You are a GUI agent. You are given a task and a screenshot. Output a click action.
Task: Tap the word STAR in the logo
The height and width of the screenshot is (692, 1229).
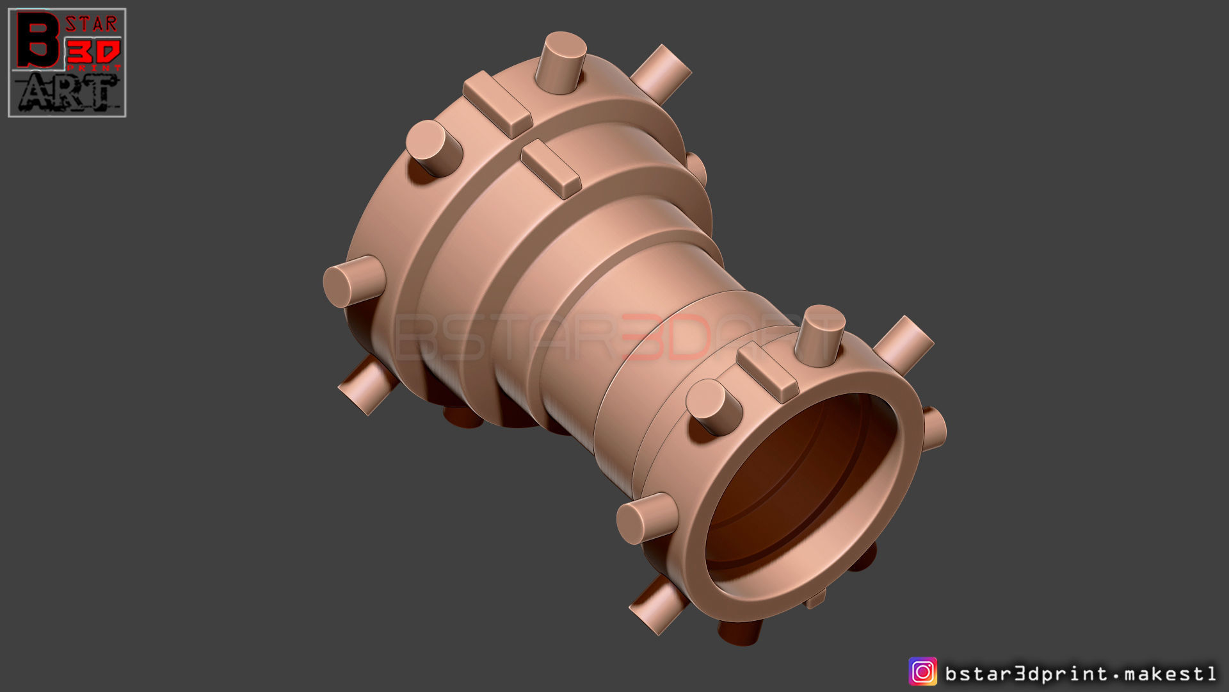[x=92, y=24]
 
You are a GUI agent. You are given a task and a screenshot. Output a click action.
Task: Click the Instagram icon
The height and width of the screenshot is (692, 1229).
[x=922, y=672]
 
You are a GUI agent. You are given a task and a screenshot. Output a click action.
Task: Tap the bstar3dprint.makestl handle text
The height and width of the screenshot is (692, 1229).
[x=1080, y=673]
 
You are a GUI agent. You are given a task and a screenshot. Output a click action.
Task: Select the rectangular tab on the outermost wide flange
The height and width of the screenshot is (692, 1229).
[x=497, y=104]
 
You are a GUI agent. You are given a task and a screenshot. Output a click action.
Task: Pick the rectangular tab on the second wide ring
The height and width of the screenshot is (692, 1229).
[x=550, y=169]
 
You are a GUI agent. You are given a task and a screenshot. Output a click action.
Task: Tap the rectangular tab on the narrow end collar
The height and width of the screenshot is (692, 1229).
[x=767, y=372]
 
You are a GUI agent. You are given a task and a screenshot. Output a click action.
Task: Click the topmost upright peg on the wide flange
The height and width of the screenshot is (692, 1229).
[x=560, y=63]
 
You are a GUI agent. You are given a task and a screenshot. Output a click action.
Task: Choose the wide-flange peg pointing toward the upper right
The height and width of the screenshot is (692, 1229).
[x=662, y=70]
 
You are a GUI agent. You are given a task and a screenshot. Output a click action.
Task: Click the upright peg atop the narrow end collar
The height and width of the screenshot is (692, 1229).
[x=819, y=336]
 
